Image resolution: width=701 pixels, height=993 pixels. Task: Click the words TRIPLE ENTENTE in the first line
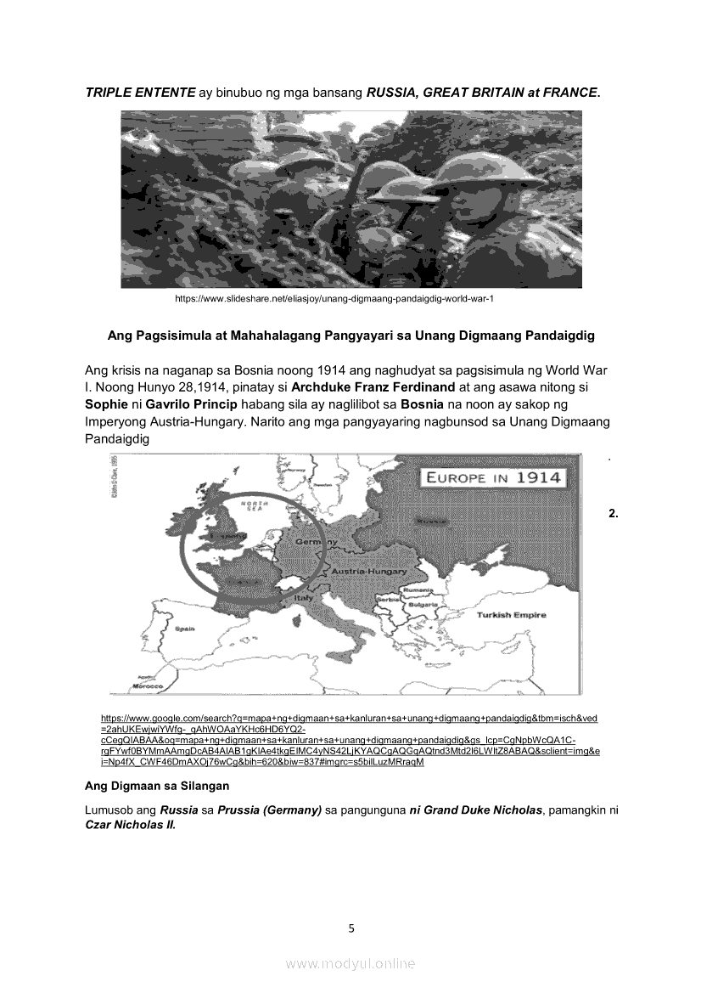(140, 92)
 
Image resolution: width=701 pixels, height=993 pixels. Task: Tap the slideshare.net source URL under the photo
(334, 299)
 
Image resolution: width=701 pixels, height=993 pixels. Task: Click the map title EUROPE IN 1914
(493, 477)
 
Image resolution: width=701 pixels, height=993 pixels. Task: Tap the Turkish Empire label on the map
(510, 615)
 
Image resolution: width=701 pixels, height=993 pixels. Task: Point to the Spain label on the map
(184, 629)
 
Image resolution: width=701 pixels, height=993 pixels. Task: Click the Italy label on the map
(303, 599)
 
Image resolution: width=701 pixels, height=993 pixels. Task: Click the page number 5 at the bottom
(351, 928)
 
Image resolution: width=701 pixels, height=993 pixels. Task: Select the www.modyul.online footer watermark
(350, 963)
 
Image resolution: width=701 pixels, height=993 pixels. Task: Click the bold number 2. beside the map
(614, 513)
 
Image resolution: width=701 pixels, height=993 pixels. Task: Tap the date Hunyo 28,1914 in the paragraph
(177, 386)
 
